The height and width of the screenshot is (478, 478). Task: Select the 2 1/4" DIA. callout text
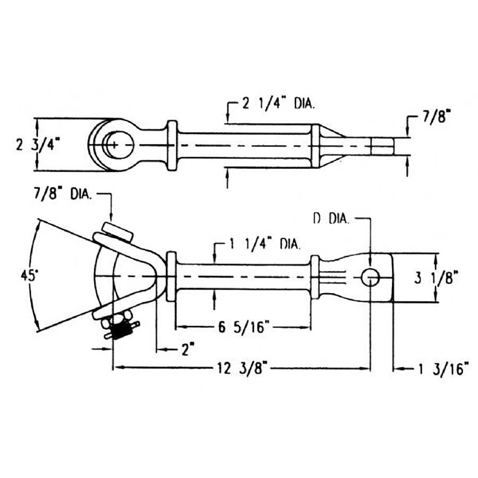point(278,104)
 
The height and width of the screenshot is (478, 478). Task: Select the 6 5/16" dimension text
point(244,327)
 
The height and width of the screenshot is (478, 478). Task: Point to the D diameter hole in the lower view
point(370,277)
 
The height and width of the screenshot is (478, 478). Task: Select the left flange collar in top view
point(172,145)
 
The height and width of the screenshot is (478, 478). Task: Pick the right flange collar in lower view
point(315,277)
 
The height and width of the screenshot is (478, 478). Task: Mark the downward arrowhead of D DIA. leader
point(370,260)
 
